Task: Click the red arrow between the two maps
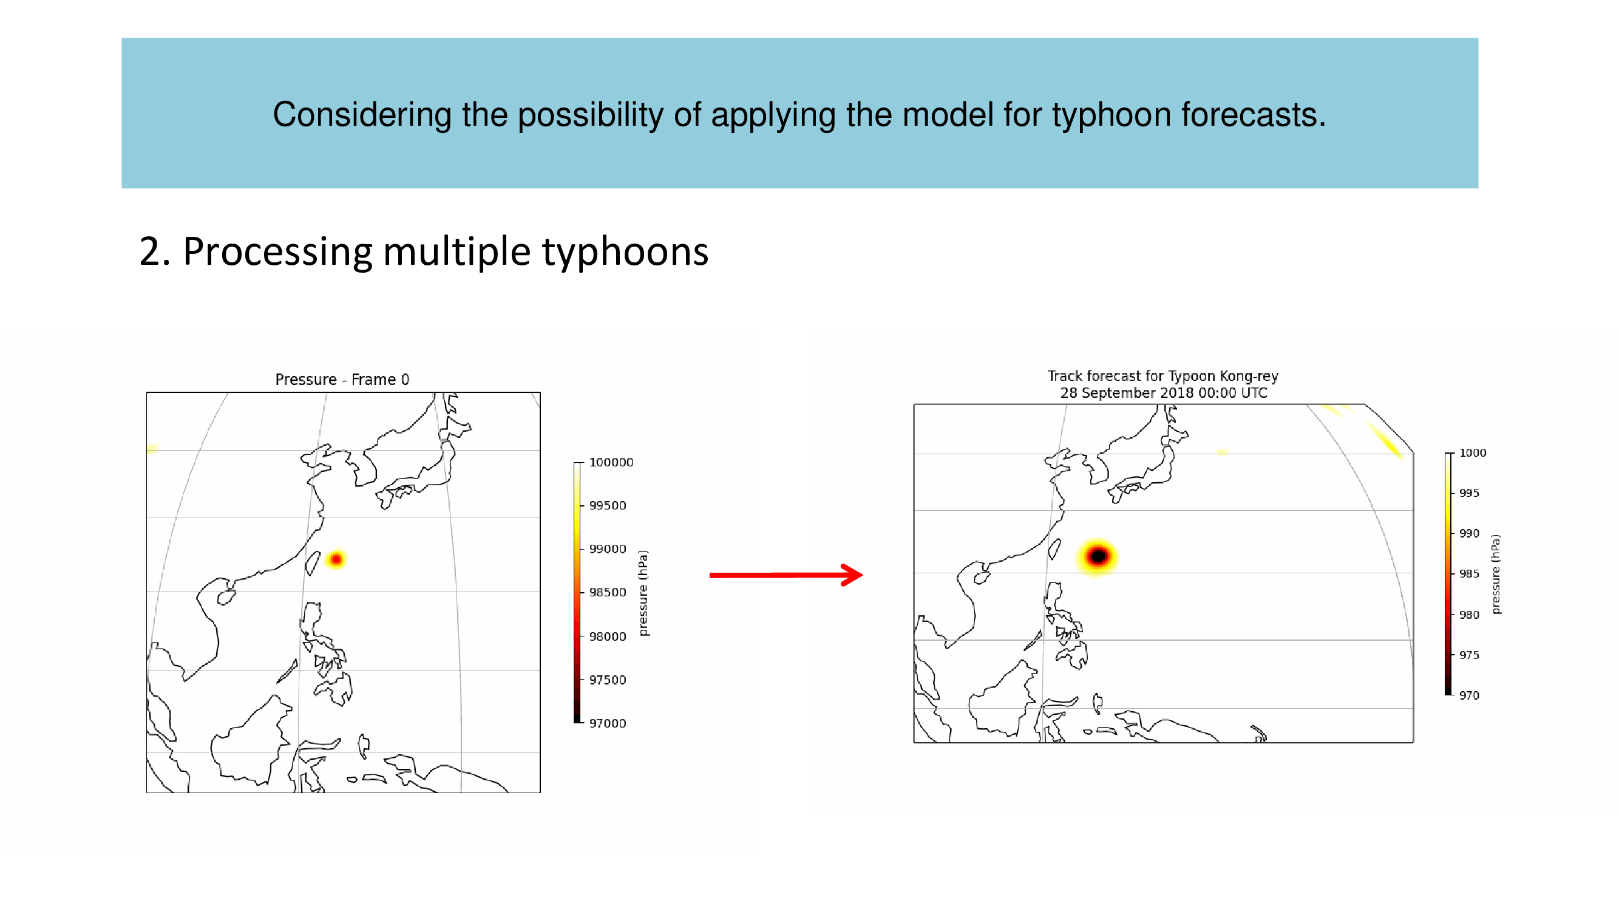tap(786, 575)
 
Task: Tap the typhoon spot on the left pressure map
tap(336, 559)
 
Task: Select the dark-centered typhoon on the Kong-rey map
tap(1098, 556)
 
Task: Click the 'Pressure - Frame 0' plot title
tap(342, 379)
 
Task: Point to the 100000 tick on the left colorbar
tap(611, 462)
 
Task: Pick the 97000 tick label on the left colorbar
tap(607, 723)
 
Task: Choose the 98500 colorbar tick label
tap(607, 592)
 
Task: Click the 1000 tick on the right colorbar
tap(1473, 452)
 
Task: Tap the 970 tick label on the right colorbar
tap(1469, 695)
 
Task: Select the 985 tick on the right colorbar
tap(1469, 573)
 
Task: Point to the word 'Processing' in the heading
tap(277, 252)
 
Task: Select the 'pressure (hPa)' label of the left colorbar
tap(643, 593)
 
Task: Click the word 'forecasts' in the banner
tap(1253, 115)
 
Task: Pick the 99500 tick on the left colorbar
tap(607, 505)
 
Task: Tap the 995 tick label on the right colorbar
tap(1469, 493)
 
